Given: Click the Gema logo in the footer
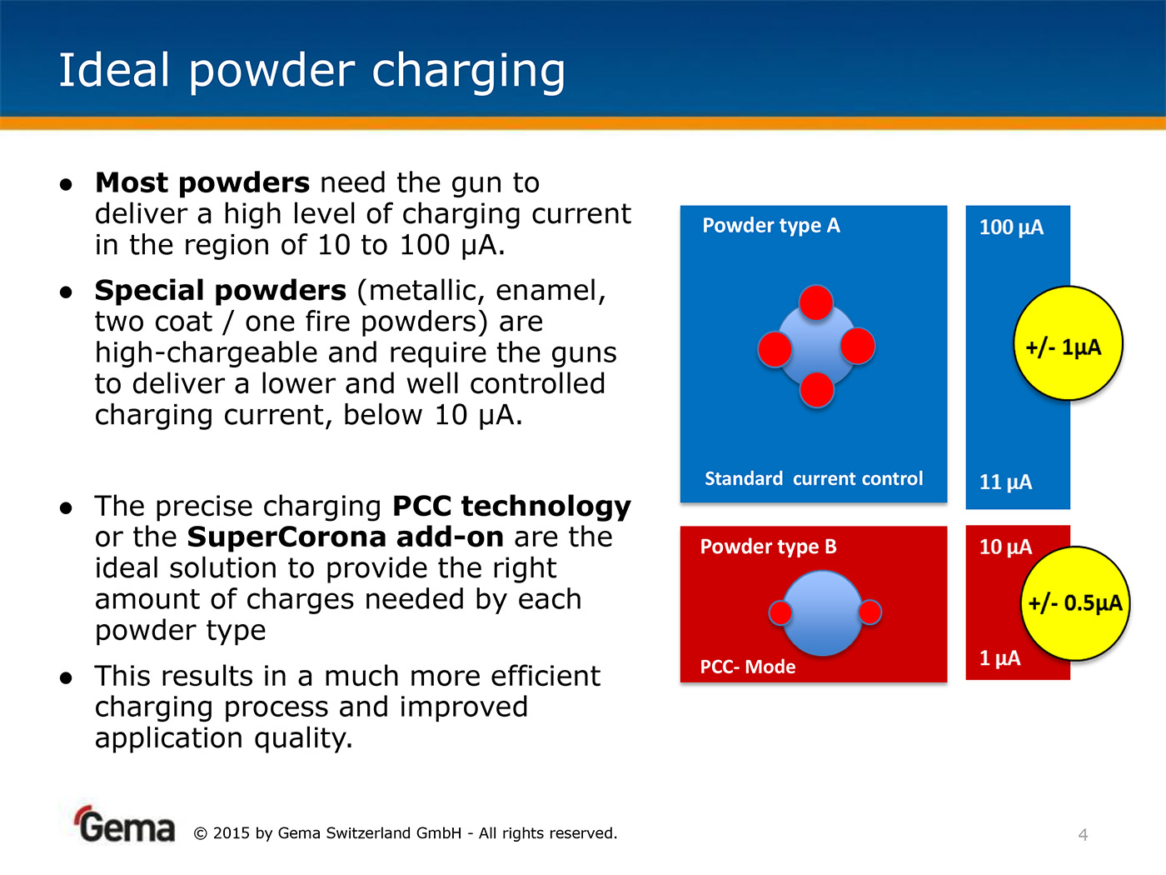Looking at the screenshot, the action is pos(126,824).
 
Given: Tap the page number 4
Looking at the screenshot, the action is pos(1083,835).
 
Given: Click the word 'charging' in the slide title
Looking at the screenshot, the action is pos(469,71).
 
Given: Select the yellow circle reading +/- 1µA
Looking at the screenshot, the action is pos(1068,343).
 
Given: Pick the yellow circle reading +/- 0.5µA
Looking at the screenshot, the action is pos(1075,603).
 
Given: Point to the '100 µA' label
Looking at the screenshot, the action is pos(1011,227).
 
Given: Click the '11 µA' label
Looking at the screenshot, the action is pos(1005,482).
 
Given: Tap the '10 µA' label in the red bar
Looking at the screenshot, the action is pos(1005,547).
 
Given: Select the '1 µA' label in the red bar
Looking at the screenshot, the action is pos(999,658).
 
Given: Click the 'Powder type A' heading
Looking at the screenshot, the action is pos(770,226).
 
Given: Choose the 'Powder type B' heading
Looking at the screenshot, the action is pos(768,547).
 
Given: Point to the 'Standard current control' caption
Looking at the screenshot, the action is pos(813,478).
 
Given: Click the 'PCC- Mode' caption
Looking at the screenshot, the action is pos(747,666).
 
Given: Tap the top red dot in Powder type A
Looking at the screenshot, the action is pos(816,302).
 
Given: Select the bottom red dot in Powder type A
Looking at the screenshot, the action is pos(816,390).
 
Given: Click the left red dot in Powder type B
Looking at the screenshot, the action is pos(780,612).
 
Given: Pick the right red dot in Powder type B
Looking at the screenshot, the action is pos(870,612).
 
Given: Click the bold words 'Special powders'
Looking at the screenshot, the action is pos(221,291).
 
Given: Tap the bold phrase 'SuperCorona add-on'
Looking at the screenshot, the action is pos(346,537).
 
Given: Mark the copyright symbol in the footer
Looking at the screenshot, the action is pos(200,833).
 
